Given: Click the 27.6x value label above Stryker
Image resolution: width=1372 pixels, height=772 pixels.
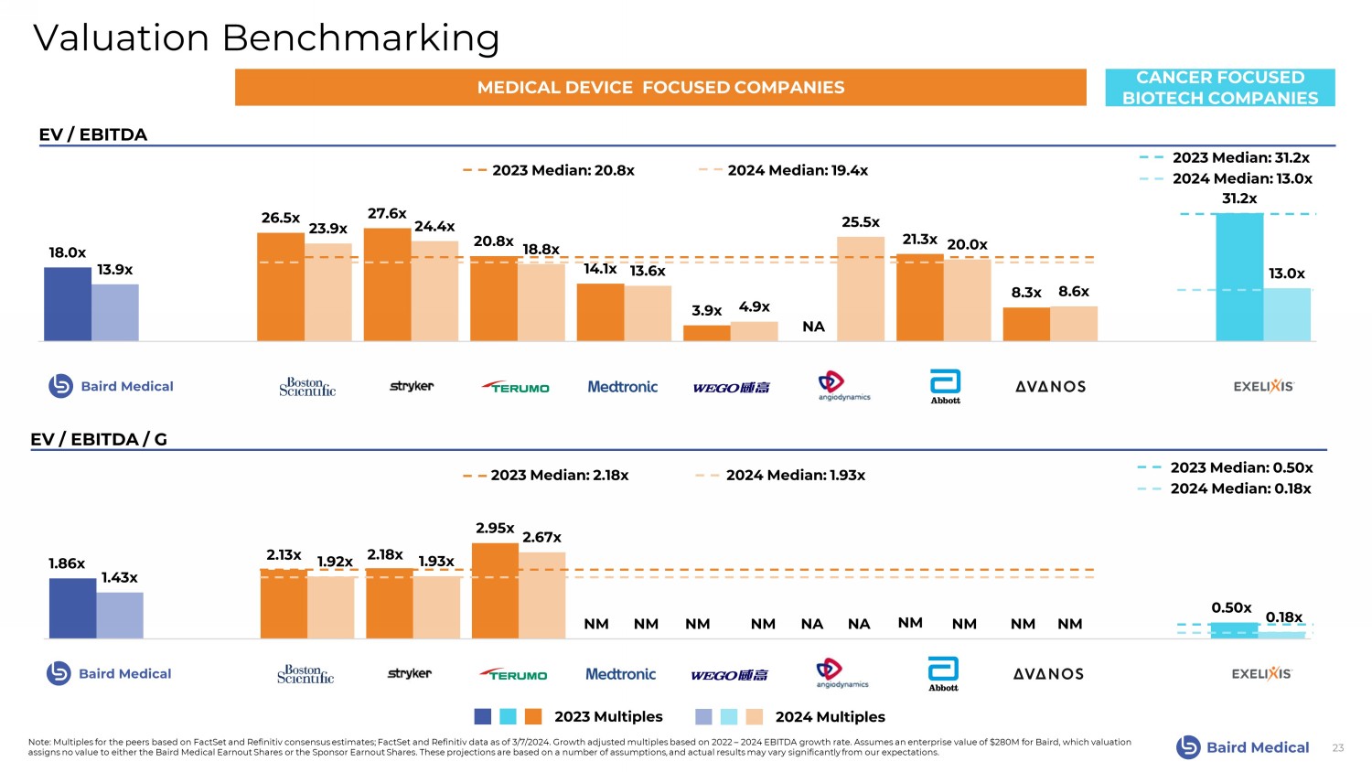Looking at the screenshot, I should (387, 213).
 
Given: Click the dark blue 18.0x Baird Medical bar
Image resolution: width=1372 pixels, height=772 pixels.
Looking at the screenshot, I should (68, 304).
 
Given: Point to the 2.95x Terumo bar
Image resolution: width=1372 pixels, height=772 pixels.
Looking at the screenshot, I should (495, 591).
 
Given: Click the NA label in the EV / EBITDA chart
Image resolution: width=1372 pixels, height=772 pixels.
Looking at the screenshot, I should (813, 327).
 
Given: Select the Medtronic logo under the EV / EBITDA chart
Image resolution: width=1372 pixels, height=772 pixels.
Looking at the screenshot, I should (622, 387).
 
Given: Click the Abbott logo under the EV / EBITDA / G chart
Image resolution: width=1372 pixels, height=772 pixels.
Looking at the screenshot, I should (943, 673).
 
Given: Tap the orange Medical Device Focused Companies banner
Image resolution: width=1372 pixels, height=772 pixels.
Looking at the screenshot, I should (660, 88).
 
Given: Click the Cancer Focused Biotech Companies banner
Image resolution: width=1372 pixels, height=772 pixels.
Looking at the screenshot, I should (1220, 88).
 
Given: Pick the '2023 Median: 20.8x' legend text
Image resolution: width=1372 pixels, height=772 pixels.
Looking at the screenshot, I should (563, 170).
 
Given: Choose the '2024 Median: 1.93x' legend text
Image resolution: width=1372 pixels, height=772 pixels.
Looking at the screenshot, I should (795, 475).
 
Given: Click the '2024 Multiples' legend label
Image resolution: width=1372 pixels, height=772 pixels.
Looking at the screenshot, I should (830, 717).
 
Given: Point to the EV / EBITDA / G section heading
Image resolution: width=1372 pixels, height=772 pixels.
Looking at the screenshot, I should (99, 439).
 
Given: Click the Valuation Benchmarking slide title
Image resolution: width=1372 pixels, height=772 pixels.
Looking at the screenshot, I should (266, 38).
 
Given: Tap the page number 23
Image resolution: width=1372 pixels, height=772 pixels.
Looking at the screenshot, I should (1337, 748).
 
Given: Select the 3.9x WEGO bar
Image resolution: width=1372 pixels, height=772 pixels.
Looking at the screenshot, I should (706, 333).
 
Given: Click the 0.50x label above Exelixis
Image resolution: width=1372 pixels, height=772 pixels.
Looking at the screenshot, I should (1231, 607).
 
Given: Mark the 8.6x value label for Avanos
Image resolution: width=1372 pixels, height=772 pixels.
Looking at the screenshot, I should (1074, 291).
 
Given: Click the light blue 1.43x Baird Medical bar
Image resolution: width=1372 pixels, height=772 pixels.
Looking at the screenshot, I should (120, 616).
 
